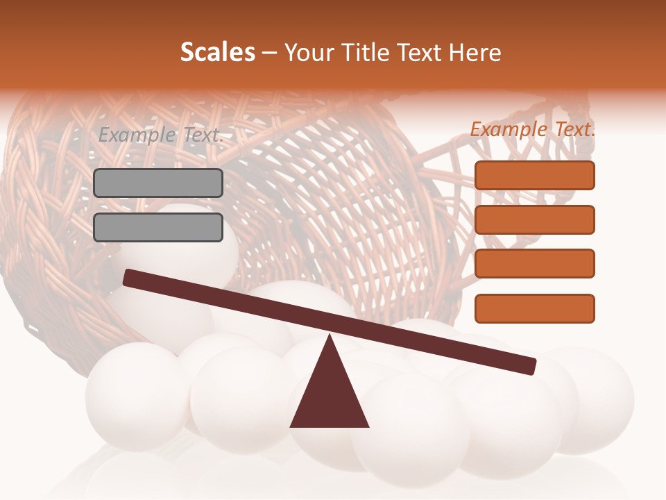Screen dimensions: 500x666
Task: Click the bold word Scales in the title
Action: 217,53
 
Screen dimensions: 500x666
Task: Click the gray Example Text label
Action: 161,135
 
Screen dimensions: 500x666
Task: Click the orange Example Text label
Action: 533,129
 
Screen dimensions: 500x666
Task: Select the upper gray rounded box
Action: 158,183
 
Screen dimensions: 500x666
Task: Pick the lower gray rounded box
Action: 158,227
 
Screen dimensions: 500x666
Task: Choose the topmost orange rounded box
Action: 535,175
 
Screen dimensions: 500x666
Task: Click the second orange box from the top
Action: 535,219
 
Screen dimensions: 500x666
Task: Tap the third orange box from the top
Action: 535,264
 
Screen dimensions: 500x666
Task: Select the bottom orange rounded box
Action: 535,308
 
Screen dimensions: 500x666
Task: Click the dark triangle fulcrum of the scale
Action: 329,392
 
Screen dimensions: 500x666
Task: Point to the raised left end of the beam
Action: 128,278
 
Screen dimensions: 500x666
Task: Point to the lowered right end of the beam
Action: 531,366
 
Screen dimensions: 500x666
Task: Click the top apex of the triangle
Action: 330,336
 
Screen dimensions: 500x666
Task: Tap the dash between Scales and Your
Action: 270,53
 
